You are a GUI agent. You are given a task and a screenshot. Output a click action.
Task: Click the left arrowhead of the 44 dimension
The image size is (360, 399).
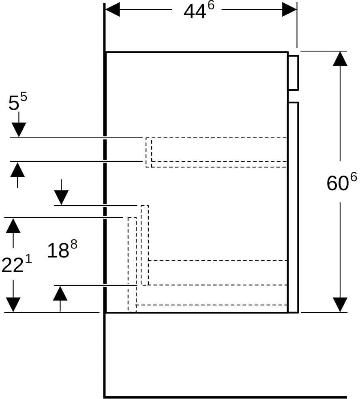(113, 10)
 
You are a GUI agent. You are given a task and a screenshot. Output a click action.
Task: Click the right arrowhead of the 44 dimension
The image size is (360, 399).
(289, 10)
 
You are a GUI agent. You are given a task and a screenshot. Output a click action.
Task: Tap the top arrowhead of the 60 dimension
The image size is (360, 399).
(340, 58)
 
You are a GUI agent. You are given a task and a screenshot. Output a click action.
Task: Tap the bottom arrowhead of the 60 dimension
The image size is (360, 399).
(340, 305)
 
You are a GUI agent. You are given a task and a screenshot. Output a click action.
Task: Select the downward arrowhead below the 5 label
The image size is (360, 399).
(19, 130)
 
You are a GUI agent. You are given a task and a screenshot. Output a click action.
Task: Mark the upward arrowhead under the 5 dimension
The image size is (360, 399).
(17, 169)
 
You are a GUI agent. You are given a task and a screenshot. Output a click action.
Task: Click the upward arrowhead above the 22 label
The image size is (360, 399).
(13, 225)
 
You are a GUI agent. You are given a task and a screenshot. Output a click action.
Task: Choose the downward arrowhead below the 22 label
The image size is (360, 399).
(13, 305)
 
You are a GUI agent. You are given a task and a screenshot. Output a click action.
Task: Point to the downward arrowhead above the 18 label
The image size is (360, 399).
(61, 198)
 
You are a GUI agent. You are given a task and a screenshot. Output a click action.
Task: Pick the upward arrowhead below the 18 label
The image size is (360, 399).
(60, 293)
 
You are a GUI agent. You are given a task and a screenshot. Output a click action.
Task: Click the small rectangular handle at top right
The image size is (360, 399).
(293, 73)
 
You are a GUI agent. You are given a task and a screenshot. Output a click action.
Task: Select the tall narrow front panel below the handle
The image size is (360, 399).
(293, 207)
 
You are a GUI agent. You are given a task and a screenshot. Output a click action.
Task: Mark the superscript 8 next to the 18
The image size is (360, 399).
(74, 245)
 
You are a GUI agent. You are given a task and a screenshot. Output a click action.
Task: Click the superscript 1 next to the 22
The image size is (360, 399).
(29, 260)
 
